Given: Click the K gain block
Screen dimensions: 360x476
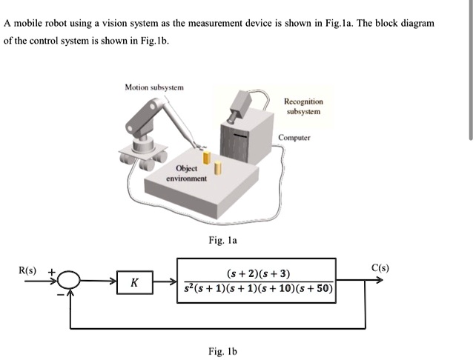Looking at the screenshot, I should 133,283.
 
